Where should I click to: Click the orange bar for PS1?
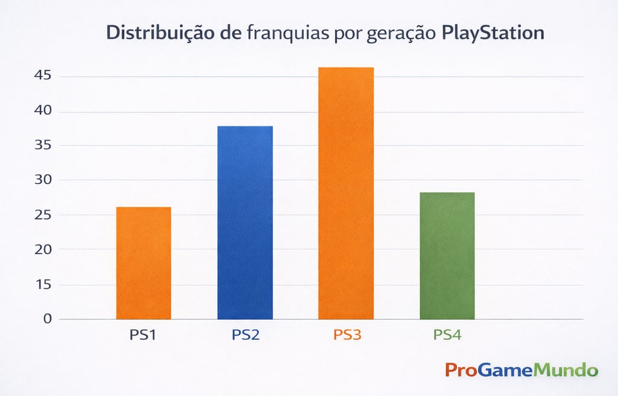[144, 263]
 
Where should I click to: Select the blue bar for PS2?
[245, 222]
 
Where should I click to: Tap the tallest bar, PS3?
[346, 193]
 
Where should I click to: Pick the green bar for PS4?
[447, 255]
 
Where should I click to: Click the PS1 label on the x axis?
[143, 334]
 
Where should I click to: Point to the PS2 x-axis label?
[246, 334]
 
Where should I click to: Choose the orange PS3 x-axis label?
[347, 334]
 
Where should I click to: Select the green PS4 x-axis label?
[447, 334]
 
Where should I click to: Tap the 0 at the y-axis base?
[48, 319]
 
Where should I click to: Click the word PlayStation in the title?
[492, 33]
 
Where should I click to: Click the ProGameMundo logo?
[521, 369]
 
